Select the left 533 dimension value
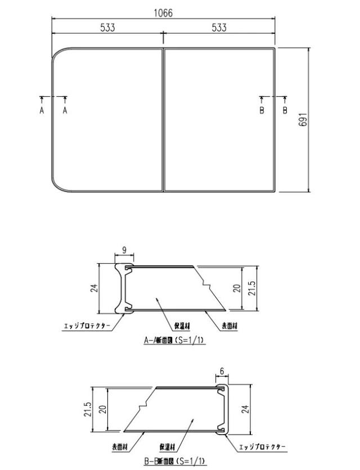point(108,28)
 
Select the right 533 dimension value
point(219,28)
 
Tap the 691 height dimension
point(303,120)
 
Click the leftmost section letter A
point(42,111)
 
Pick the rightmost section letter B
point(285,111)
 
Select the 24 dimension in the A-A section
point(94,288)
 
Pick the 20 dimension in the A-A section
point(237,288)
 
